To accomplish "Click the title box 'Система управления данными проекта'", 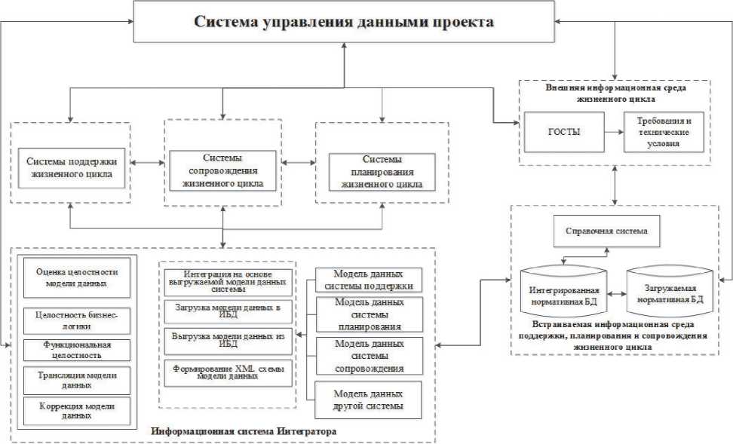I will pyautogui.click(x=344, y=22).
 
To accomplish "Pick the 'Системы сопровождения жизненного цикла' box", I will pyautogui.click(x=222, y=171).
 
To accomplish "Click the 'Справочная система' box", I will pyautogui.click(x=606, y=231).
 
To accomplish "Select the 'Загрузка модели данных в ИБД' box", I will pyautogui.click(x=227, y=313).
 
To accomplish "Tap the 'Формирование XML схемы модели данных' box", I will pyautogui.click(x=227, y=373).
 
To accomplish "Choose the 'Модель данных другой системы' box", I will pyautogui.click(x=369, y=400).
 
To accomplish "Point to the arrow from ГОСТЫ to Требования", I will pyautogui.click(x=615, y=131).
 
